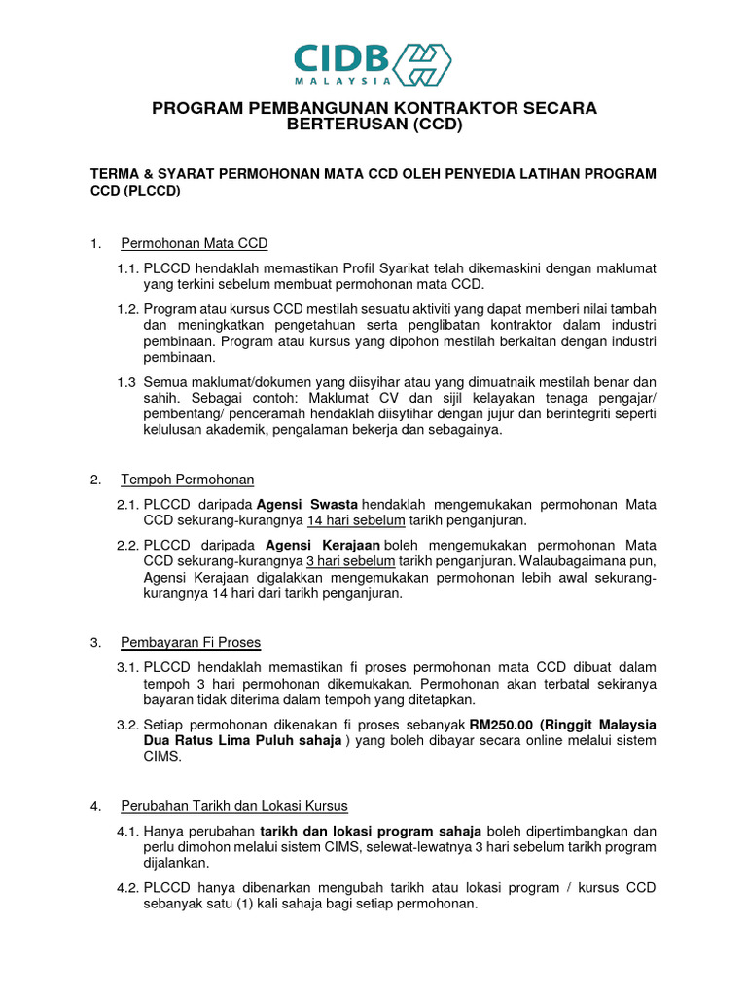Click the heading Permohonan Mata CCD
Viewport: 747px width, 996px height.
tap(194, 243)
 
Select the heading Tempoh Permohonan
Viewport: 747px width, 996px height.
tap(187, 480)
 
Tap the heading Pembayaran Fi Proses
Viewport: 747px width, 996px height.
tap(191, 642)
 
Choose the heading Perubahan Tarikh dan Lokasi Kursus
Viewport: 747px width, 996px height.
tap(233, 806)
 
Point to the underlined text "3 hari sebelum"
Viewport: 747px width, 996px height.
tap(337, 561)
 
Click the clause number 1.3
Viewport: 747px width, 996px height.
tap(126, 381)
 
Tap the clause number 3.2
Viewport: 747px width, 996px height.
tap(128, 725)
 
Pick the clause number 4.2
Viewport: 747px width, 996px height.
tap(128, 887)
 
